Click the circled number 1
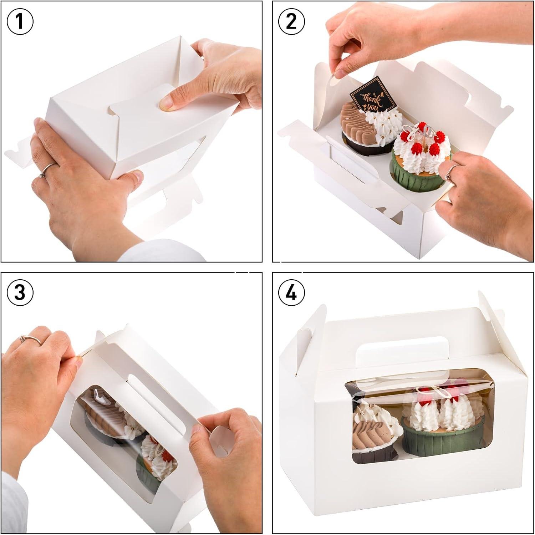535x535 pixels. pyautogui.click(x=20, y=21)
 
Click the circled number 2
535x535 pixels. pyautogui.click(x=291, y=21)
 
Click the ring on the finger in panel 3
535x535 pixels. pyautogui.click(x=31, y=339)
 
